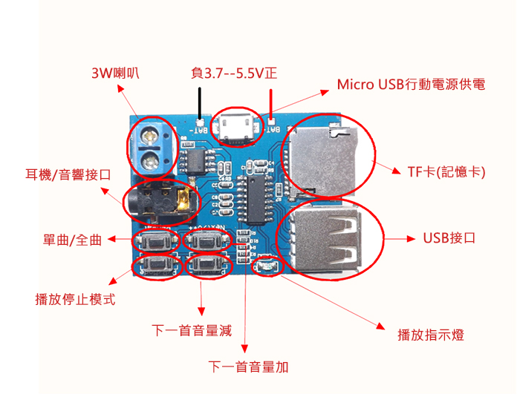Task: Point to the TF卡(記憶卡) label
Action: [446, 172]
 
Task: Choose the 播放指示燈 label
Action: [431, 335]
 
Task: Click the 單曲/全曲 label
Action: [72, 240]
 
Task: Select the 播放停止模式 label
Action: [75, 300]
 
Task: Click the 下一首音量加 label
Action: [249, 367]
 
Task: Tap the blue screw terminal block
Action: [155, 145]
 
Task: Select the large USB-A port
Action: [327, 237]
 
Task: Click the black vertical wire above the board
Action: [200, 102]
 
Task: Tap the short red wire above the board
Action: [271, 101]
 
